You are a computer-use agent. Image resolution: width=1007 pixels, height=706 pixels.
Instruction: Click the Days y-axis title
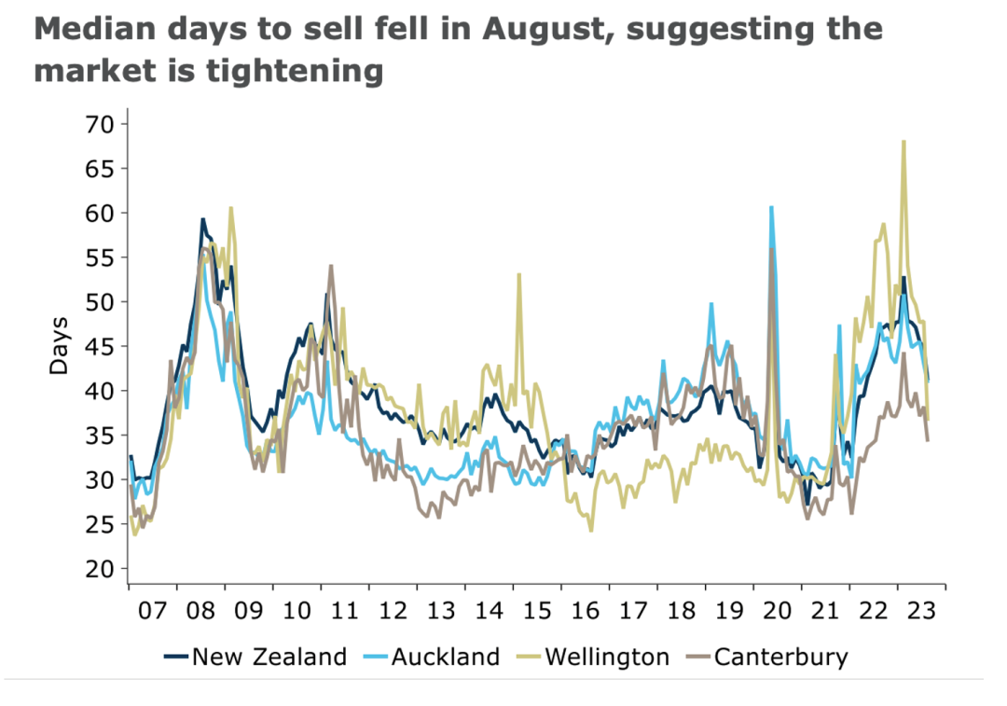coord(60,346)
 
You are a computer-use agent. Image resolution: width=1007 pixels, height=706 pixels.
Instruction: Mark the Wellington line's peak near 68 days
coord(904,142)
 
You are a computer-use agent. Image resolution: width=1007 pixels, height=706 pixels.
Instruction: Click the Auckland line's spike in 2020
coord(771,207)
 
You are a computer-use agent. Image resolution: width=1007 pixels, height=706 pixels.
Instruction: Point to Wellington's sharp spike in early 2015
coord(518,274)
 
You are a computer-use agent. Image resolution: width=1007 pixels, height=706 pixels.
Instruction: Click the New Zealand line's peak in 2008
coord(202,219)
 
